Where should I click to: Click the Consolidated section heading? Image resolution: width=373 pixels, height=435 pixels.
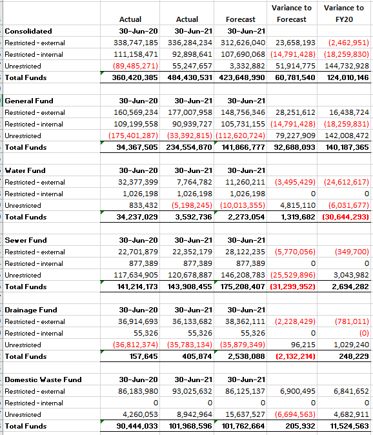click(x=28, y=31)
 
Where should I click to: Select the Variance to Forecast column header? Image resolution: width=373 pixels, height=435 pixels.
click(x=292, y=14)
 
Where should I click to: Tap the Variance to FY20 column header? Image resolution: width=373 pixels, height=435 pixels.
click(x=344, y=14)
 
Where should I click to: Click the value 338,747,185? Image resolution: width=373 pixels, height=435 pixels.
click(x=136, y=43)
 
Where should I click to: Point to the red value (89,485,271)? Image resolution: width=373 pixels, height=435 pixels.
click(x=136, y=66)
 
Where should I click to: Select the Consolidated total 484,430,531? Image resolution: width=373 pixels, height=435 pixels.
click(x=190, y=77)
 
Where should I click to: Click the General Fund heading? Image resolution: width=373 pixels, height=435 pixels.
click(x=29, y=101)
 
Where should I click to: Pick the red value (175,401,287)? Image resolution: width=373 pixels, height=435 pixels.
click(x=133, y=136)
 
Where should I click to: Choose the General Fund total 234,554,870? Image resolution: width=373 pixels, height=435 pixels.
click(x=189, y=147)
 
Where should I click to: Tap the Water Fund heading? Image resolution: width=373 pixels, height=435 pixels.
click(x=25, y=170)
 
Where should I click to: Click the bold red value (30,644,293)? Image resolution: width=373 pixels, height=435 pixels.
click(x=345, y=217)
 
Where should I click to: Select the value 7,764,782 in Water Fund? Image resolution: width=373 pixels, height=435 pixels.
click(x=194, y=182)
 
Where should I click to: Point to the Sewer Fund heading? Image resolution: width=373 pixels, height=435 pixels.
click(x=26, y=240)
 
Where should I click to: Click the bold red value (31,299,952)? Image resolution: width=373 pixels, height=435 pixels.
click(x=292, y=287)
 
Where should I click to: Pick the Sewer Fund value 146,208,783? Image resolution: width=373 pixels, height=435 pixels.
click(x=243, y=275)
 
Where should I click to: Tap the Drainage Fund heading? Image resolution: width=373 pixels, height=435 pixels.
click(x=31, y=310)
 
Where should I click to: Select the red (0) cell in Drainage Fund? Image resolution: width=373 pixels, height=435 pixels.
click(x=364, y=333)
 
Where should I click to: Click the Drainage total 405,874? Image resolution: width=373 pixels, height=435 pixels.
click(x=197, y=356)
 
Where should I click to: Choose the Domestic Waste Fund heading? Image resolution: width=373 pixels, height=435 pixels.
click(x=43, y=379)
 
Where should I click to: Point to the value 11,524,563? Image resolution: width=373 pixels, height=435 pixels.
click(x=349, y=426)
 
